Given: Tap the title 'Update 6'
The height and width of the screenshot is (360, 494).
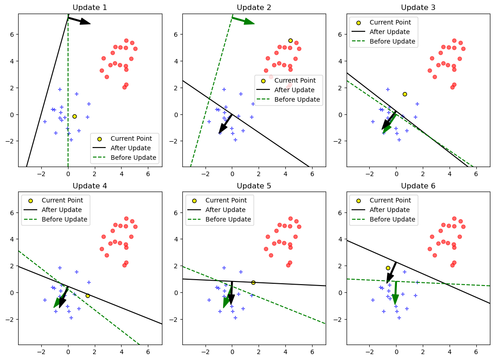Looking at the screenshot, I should pos(418,186).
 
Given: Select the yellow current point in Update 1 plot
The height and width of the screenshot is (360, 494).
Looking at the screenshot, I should pos(74,116).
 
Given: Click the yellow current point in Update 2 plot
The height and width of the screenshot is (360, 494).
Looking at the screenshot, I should pos(290,40).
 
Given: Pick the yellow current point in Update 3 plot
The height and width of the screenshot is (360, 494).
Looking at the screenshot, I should pos(405,94).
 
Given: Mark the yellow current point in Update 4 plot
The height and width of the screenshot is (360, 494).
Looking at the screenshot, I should pos(88,296).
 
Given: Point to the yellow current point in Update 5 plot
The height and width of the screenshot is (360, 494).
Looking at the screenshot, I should pos(253,282).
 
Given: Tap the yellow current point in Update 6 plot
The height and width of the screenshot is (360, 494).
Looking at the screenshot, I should pos(388,268).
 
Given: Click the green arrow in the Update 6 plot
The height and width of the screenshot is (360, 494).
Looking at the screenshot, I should pos(396,293).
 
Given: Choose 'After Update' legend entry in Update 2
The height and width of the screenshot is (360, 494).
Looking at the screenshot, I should pos(297,90).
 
